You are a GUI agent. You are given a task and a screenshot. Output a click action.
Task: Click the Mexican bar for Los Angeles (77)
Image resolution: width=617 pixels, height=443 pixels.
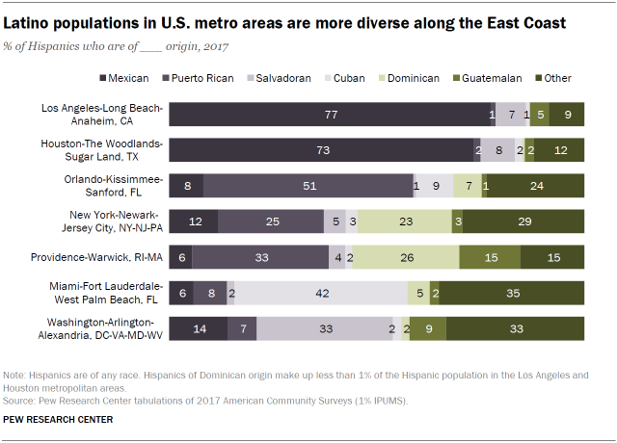pos(330,115)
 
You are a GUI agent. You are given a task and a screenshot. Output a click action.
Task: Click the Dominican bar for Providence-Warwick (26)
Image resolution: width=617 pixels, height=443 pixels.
pos(409,257)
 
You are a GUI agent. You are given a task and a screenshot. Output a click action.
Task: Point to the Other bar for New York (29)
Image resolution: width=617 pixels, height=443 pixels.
pos(523,221)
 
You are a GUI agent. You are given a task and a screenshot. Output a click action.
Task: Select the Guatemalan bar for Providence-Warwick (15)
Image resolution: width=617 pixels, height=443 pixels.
pos(490,257)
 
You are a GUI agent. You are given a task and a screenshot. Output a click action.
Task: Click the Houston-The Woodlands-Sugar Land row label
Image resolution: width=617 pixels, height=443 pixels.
pos(104,150)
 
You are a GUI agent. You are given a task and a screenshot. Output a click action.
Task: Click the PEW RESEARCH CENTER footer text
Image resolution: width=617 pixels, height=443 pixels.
pos(58,419)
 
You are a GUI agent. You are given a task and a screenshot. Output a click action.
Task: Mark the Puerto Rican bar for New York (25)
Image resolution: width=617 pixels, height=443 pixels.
pos(271,221)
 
